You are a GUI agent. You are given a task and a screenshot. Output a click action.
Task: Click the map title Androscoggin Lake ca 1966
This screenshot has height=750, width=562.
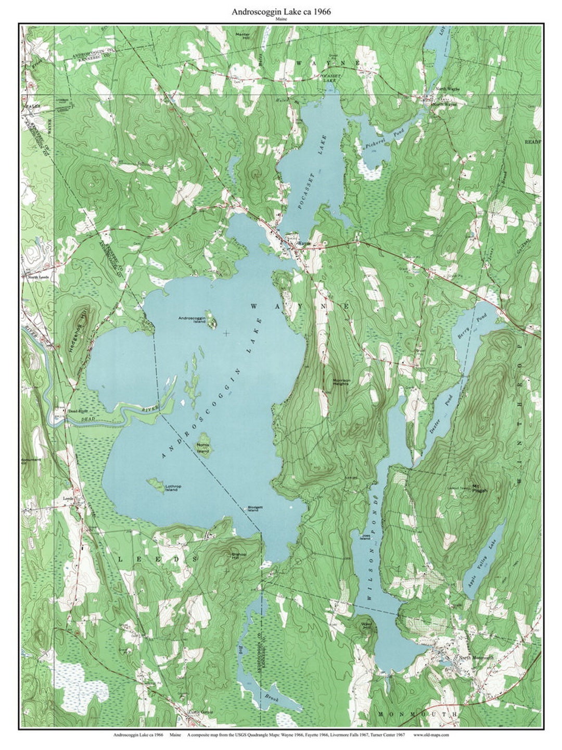[x=281, y=11]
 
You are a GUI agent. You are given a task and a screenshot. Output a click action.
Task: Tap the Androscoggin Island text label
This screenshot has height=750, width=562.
[x=192, y=320]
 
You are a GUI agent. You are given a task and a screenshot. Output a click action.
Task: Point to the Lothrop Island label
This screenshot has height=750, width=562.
[x=173, y=489]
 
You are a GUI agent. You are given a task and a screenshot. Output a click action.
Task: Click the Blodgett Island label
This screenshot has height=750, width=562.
[x=252, y=509]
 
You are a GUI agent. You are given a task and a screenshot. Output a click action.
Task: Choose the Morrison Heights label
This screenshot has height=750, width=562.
[x=341, y=382]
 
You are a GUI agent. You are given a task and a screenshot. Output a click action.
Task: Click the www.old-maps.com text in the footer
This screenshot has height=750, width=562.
[x=431, y=735]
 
